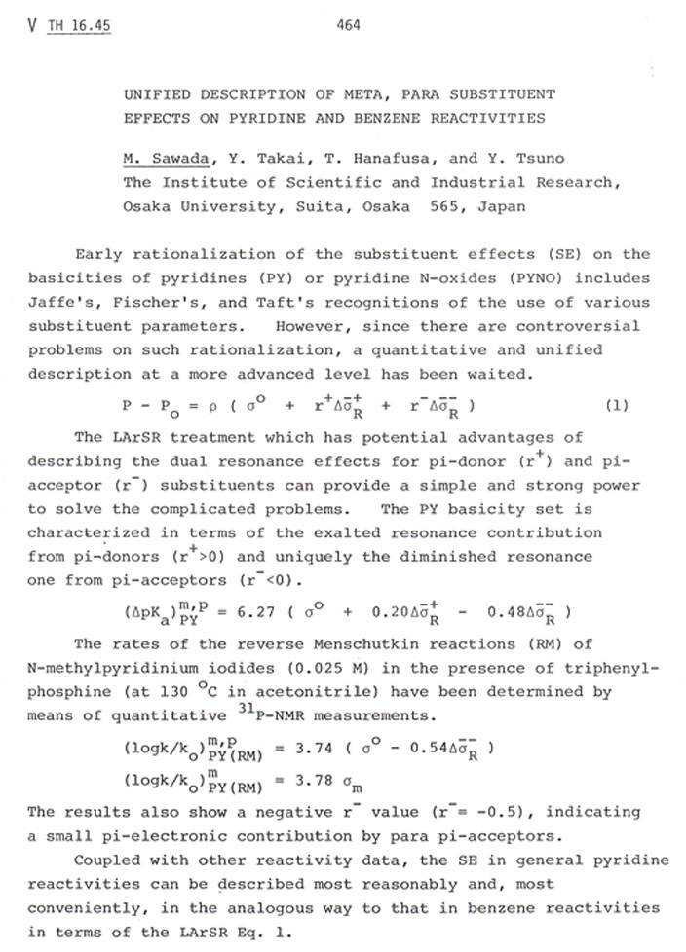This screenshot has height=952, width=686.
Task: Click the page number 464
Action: [x=348, y=25]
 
